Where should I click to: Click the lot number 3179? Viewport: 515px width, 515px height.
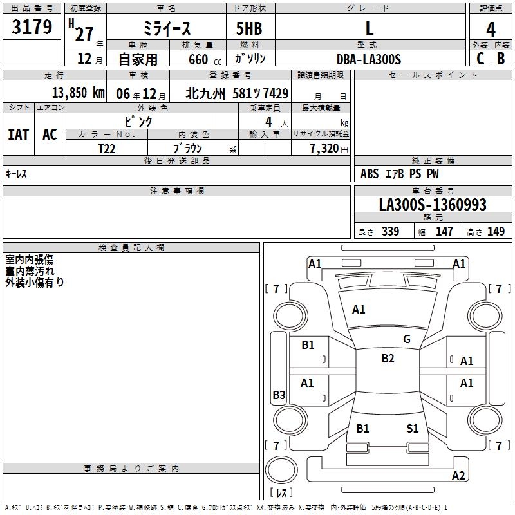pyautogui.click(x=32, y=26)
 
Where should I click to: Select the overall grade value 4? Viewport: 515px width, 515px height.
pyautogui.click(x=491, y=30)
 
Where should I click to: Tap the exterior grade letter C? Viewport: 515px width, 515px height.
pyautogui.click(x=480, y=59)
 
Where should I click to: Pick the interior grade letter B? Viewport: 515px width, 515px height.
pyautogui.click(x=501, y=59)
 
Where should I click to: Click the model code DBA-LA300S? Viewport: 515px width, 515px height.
pyautogui.click(x=369, y=59)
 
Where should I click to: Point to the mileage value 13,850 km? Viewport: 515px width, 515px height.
pyautogui.click(x=78, y=93)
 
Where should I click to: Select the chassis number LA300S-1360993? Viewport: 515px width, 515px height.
pyautogui.click(x=433, y=204)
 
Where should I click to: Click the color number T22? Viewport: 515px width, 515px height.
pyautogui.click(x=107, y=149)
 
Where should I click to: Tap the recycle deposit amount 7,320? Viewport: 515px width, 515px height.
pyautogui.click(x=324, y=149)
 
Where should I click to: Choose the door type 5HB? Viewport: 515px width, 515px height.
pyautogui.click(x=249, y=28)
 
